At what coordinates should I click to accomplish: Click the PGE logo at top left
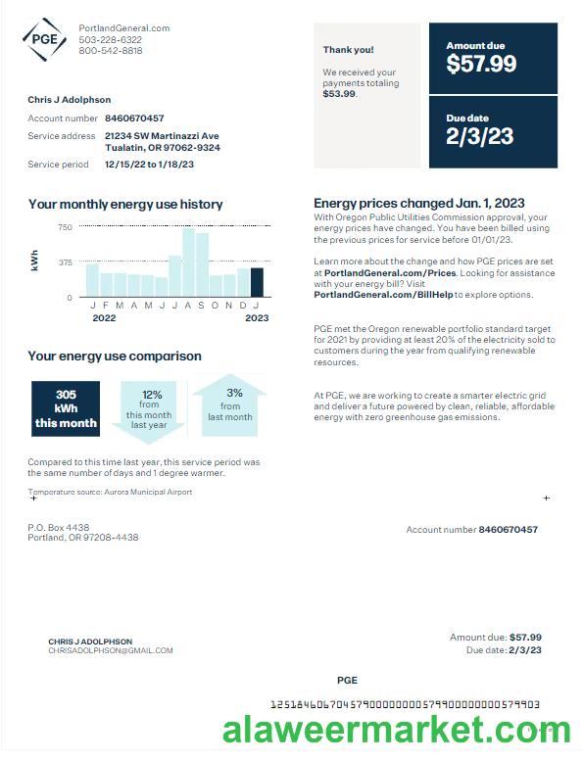[45, 39]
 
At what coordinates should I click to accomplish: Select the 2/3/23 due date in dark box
[479, 136]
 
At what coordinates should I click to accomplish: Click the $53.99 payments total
[340, 94]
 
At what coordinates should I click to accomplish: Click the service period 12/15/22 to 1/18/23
[149, 165]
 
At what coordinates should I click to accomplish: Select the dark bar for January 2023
[257, 282]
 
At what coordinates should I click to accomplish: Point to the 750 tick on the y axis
[65, 227]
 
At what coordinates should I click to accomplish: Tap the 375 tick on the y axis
[65, 262]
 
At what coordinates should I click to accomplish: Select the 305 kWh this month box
[66, 408]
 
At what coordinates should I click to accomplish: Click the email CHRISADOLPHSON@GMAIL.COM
[110, 650]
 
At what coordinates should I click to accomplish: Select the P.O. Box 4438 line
[58, 527]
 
